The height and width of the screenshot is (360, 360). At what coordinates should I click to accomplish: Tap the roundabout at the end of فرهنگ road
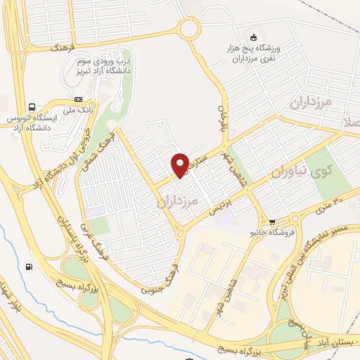click(x=188, y=30)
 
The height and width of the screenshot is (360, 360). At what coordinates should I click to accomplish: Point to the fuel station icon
click(x=28, y=266)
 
